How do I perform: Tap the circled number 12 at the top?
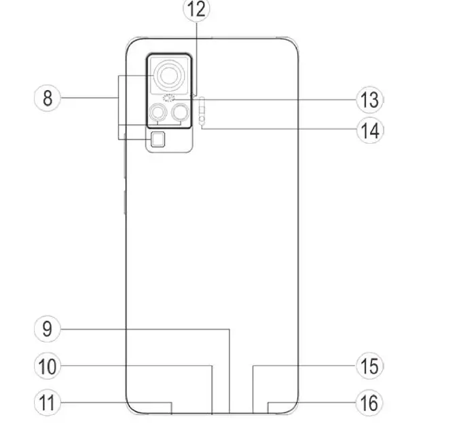pos(197,9)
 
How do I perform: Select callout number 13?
pos(371,98)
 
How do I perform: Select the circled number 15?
pos(371,367)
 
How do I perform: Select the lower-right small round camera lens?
pos(180,113)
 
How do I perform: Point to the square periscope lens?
pos(158,140)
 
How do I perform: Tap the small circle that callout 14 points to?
pos(202,120)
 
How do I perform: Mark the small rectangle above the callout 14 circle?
pos(202,107)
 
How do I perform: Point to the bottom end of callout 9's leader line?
pos(229,411)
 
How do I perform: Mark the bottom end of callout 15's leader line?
pos(252,411)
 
